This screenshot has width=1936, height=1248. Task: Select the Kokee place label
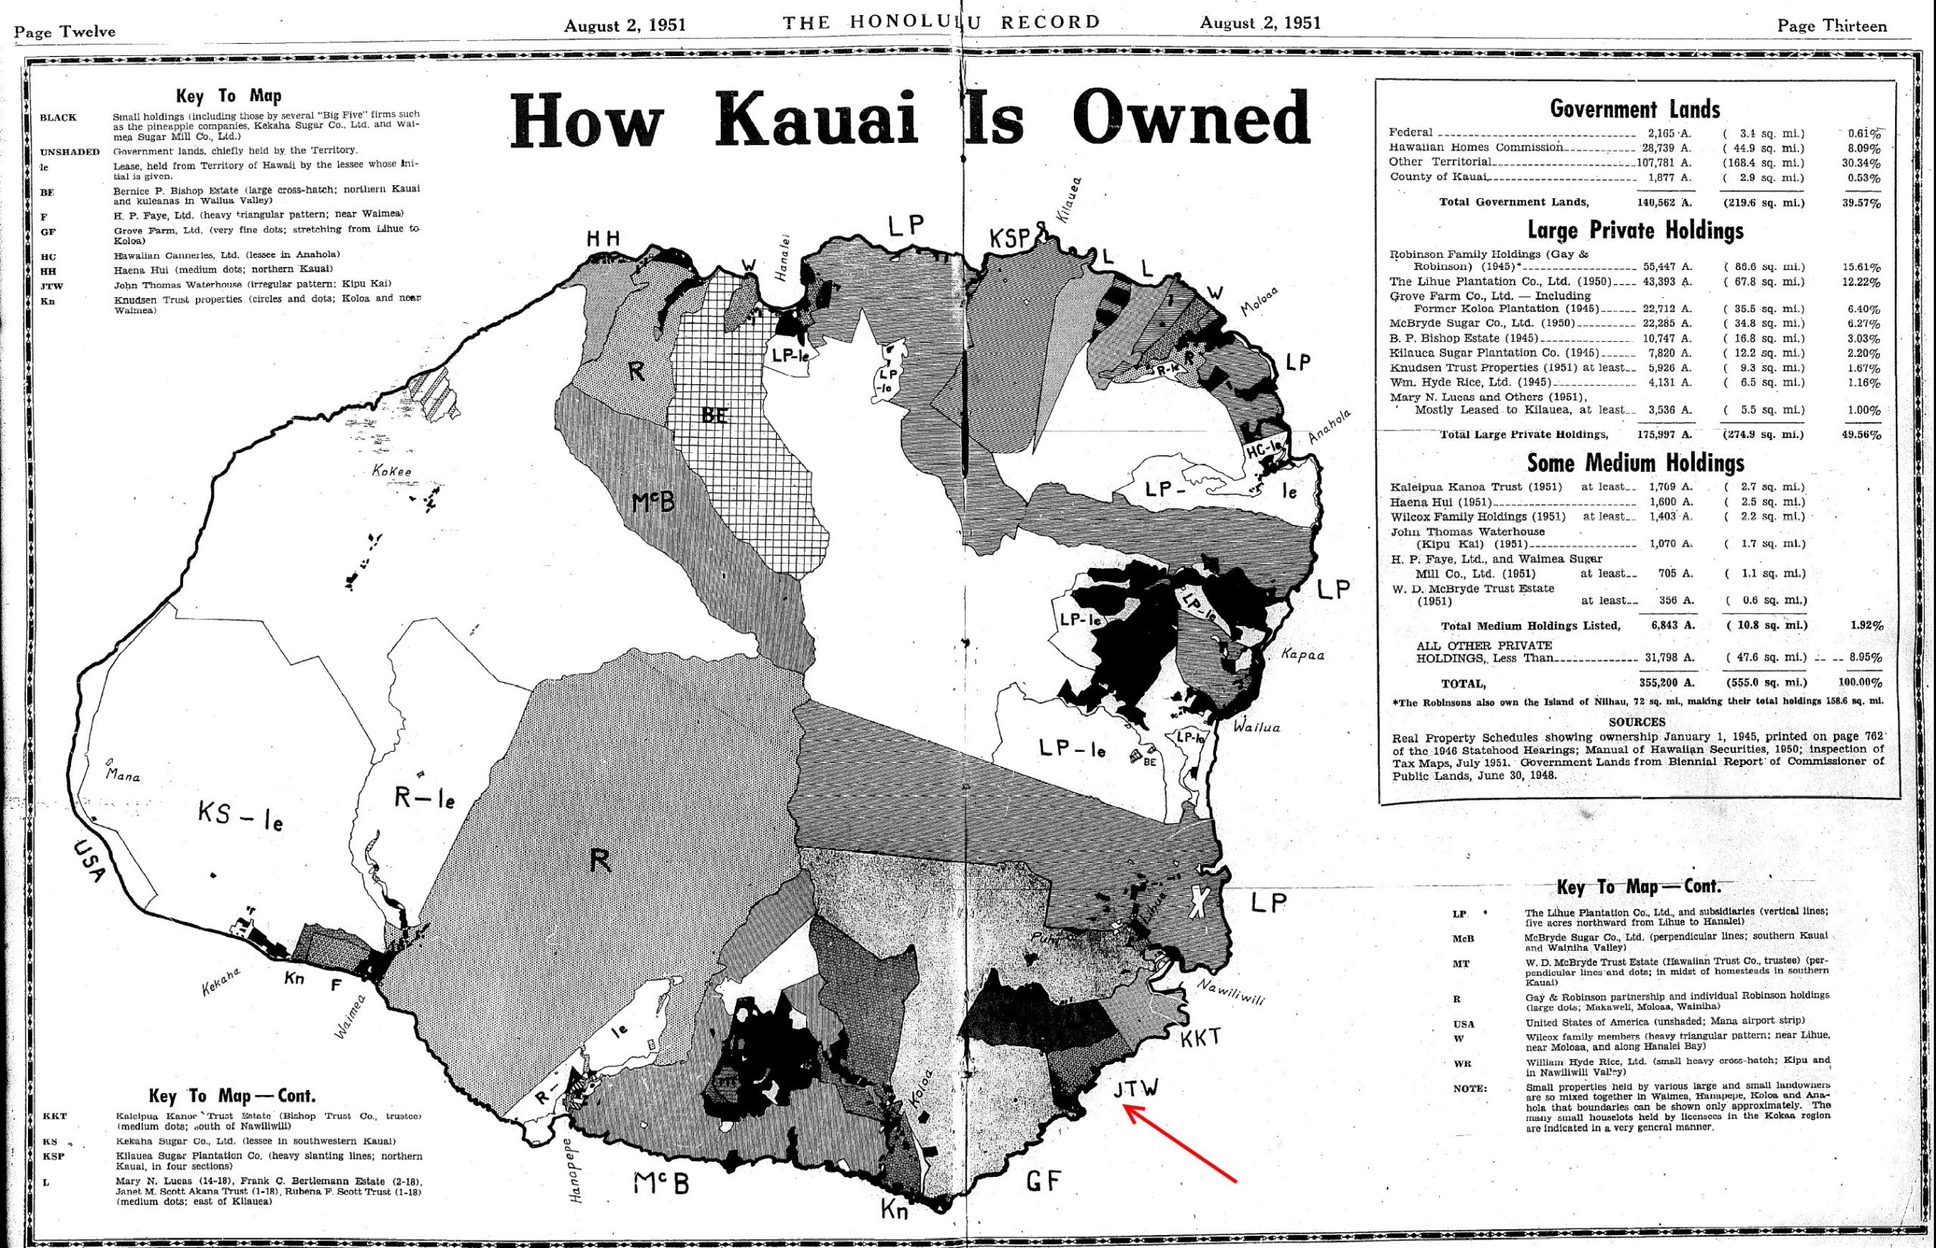tap(392, 470)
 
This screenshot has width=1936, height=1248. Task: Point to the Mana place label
tap(123, 775)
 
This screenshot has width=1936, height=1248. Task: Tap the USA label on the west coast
tap(90, 861)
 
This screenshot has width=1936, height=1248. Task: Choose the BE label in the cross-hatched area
tap(715, 416)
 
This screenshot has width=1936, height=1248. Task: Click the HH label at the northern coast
tap(603, 238)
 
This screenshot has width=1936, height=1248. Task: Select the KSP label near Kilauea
tap(1010, 238)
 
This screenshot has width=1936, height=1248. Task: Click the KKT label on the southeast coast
tap(1200, 1038)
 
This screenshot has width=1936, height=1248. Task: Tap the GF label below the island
tap(1044, 1181)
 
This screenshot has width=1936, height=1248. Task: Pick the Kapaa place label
tap(1302, 654)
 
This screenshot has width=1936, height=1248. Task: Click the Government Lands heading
tap(1635, 109)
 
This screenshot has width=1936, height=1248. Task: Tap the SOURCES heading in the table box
tap(1637, 722)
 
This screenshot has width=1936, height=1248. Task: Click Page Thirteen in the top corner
tap(1832, 26)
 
